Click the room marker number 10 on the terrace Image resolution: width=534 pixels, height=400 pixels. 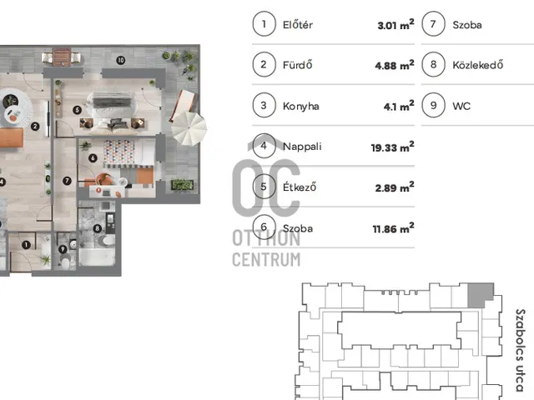point(120,61)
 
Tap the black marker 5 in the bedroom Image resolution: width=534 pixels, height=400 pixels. point(78,110)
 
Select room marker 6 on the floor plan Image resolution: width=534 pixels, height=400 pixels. point(93,157)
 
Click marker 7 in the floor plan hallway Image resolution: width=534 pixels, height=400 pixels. point(67,181)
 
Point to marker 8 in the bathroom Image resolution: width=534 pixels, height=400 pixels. point(98,228)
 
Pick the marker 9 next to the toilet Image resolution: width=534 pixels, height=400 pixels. point(63,249)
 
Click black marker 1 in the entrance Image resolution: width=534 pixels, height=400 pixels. point(26,244)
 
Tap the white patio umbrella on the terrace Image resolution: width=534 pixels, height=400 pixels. point(189,128)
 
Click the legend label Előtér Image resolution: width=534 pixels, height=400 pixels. point(298,24)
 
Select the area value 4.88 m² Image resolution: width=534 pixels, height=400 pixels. point(395,65)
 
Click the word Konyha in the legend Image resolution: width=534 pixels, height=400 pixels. point(300,107)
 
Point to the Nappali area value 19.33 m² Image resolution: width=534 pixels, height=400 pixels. point(392,147)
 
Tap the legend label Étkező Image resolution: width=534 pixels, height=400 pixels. point(300,187)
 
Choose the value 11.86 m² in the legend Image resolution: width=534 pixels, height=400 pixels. point(393,227)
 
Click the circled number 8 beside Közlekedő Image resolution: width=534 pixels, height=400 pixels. point(433,64)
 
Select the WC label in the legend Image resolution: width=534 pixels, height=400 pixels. point(461,106)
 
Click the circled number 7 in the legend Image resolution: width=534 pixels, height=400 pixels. point(433,24)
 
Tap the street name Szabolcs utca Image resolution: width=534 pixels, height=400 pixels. point(520,350)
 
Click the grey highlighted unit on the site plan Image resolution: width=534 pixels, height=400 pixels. point(478,294)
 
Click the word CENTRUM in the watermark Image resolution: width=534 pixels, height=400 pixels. point(266,259)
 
